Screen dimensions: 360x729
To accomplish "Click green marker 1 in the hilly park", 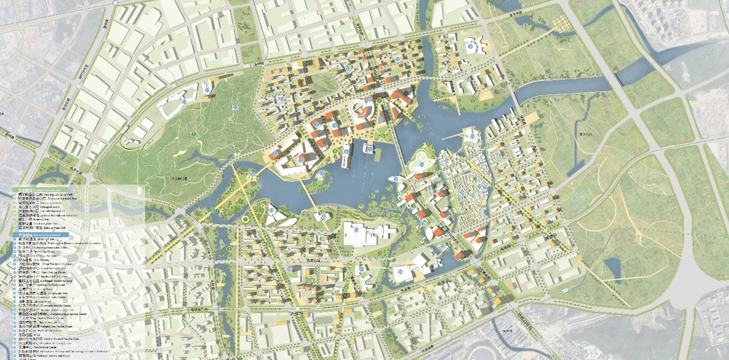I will (194, 134).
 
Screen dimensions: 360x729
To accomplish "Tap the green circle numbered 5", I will (473, 101).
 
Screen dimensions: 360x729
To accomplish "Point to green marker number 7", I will (380, 101).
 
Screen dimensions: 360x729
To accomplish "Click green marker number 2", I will (229, 248).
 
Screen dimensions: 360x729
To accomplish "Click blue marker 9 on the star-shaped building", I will (470, 47).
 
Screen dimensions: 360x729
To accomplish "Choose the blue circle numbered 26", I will (324, 216).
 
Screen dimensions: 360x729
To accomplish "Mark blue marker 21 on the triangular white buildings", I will (271, 210).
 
